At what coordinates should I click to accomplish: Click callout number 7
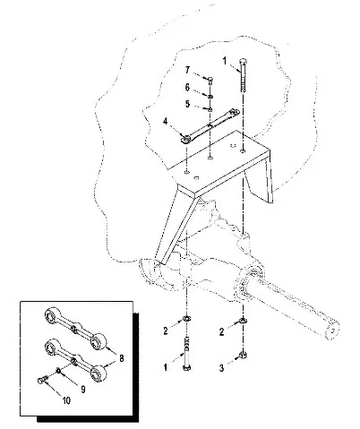coord(187,70)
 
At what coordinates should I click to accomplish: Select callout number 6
coord(187,88)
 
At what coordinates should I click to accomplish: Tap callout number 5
coord(187,104)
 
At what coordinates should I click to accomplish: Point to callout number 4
coord(166,122)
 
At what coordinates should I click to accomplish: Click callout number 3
coord(221,368)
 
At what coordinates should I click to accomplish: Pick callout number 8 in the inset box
coord(122,358)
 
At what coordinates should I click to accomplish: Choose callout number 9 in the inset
coord(83,390)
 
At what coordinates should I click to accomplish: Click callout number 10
coord(66,400)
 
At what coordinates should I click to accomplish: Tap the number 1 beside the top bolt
coord(225,61)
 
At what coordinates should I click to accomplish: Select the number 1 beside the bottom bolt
coord(166,367)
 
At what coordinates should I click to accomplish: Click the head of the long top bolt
coord(243,63)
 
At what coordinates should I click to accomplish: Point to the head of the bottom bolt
coord(187,367)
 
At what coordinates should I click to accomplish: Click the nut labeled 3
coord(244,355)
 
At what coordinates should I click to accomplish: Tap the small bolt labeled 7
coord(210,80)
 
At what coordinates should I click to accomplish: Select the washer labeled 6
coord(210,97)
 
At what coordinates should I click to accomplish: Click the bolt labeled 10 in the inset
coord(43,380)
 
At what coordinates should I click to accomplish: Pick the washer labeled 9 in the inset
coord(59,371)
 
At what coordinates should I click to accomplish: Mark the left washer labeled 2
coord(187,319)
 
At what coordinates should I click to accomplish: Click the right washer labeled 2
coord(244,321)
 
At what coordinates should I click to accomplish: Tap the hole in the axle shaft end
coord(332,330)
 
